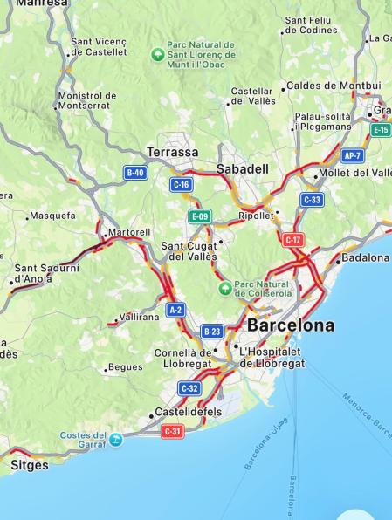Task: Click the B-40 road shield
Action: pos(134,173)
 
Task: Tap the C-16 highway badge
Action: pos(182,185)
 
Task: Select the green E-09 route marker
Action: pos(199,216)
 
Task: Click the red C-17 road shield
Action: pos(293,239)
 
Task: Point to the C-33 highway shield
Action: pos(312,200)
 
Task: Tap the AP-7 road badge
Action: pos(353,156)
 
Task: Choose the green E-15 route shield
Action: pos(381,130)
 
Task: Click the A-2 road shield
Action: pos(175,310)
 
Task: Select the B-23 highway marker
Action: pos(212,331)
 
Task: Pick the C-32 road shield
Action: pos(189,387)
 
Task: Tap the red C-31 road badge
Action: pos(173,431)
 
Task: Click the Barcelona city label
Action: pos(290,325)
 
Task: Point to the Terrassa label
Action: pos(172,152)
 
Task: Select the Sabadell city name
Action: pos(244,168)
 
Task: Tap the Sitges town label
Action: pos(30,465)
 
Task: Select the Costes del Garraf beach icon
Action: pos(115,439)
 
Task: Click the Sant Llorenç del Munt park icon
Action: pos(157,54)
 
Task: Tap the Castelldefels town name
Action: pos(188,411)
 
